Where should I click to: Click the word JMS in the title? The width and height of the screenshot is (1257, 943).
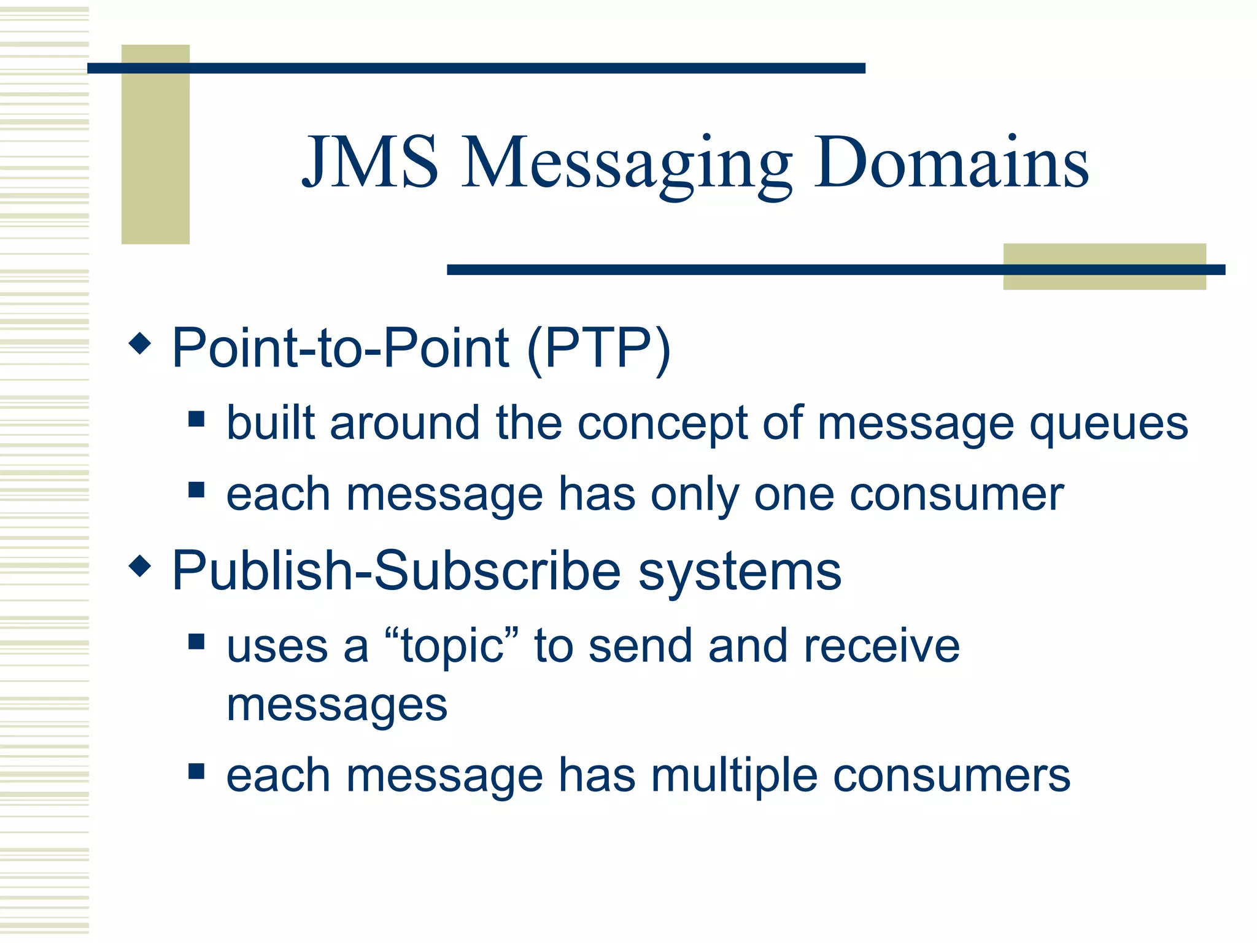pyautogui.click(x=371, y=163)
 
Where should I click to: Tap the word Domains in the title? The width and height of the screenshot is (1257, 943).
pyautogui.click(x=951, y=163)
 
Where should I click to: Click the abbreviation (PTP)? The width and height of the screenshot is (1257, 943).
pyautogui.click(x=598, y=349)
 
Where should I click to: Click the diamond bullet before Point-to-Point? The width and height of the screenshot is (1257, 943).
pyautogui.click(x=140, y=343)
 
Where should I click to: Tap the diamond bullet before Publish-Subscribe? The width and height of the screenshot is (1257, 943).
pyautogui.click(x=140, y=565)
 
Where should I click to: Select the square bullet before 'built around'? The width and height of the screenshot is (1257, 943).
pyautogui.click(x=196, y=419)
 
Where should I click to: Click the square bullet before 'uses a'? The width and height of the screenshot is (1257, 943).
pyautogui.click(x=196, y=642)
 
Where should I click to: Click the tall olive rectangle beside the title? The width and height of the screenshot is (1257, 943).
pyautogui.click(x=155, y=144)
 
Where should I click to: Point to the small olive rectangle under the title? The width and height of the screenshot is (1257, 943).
pyautogui.click(x=1104, y=266)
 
